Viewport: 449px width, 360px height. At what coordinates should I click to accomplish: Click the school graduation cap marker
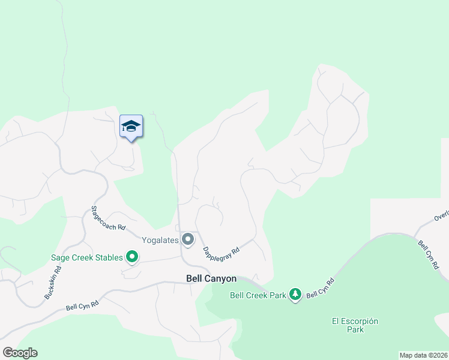(131, 127)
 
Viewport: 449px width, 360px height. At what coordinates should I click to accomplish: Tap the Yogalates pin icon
(188, 240)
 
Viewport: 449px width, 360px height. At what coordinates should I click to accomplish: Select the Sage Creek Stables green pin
(132, 257)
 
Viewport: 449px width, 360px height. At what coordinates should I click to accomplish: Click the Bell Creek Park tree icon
(295, 295)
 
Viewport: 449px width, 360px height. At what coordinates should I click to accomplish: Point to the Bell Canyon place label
(211, 279)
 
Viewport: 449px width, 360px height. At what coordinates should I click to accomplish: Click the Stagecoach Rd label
(108, 218)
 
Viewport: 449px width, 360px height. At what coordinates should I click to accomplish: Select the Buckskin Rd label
(53, 283)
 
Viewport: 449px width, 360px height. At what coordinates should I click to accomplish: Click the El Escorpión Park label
(355, 325)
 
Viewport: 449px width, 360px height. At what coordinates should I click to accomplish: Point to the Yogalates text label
(161, 240)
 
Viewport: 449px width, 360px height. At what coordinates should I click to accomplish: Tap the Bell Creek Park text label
(258, 295)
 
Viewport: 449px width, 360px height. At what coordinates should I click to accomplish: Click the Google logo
(20, 353)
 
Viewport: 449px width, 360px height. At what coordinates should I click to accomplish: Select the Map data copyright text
(423, 355)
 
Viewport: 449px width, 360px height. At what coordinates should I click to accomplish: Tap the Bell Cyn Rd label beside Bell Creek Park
(320, 288)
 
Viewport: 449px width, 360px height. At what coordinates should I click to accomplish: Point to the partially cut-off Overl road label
(441, 217)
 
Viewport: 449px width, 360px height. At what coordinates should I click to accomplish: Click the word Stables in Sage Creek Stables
(109, 257)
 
